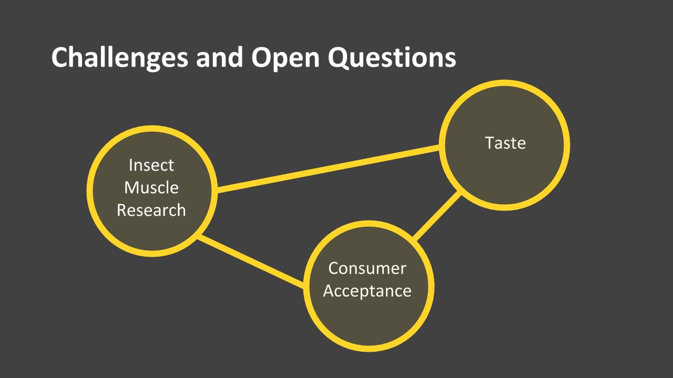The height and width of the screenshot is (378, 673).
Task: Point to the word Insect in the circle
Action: click(151, 165)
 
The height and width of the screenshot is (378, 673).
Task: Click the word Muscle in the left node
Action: click(151, 187)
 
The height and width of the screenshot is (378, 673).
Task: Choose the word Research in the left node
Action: click(151, 210)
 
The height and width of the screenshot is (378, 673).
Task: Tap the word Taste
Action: click(505, 143)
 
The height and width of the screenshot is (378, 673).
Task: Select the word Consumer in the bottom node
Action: click(367, 268)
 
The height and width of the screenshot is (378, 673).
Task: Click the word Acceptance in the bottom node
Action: click(367, 291)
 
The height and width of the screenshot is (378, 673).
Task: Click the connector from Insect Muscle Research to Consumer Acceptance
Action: click(251, 262)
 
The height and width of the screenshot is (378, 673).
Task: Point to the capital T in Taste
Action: click(490, 143)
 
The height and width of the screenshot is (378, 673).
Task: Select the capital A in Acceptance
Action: click(329, 291)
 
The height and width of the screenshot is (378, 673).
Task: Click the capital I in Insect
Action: click(131, 165)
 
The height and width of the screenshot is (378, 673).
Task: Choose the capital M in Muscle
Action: click(132, 187)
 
